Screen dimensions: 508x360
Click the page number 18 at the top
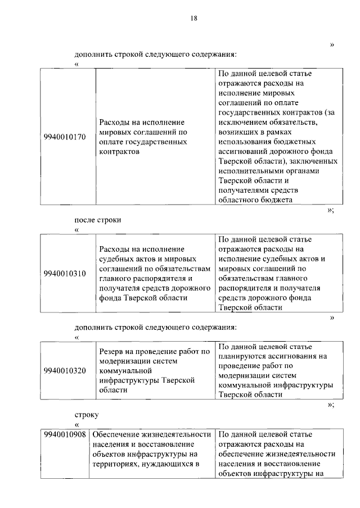point(193,18)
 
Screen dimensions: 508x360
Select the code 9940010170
point(65,137)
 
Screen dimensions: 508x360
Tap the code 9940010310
point(65,274)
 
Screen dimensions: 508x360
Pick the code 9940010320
point(65,370)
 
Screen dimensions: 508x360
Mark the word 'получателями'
point(242,190)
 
